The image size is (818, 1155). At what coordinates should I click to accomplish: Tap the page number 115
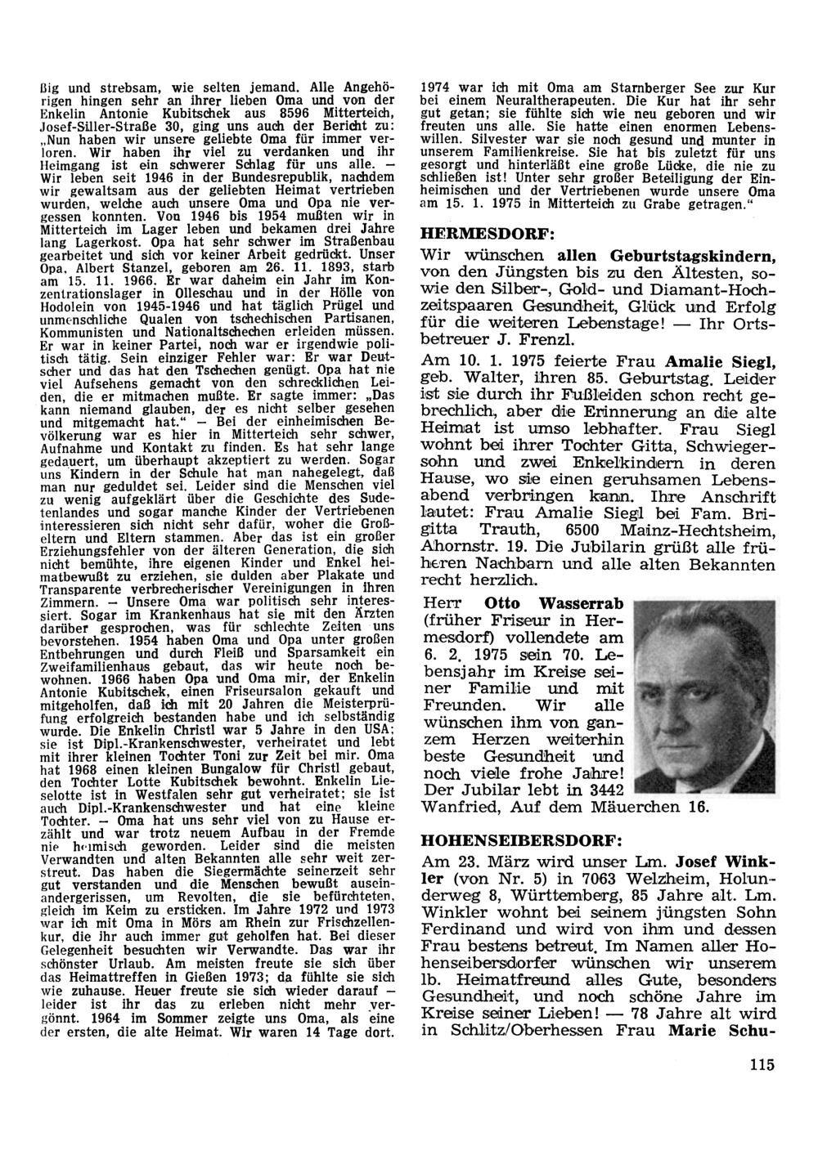click(x=760, y=1063)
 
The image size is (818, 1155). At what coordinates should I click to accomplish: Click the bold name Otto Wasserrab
click(x=555, y=603)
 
